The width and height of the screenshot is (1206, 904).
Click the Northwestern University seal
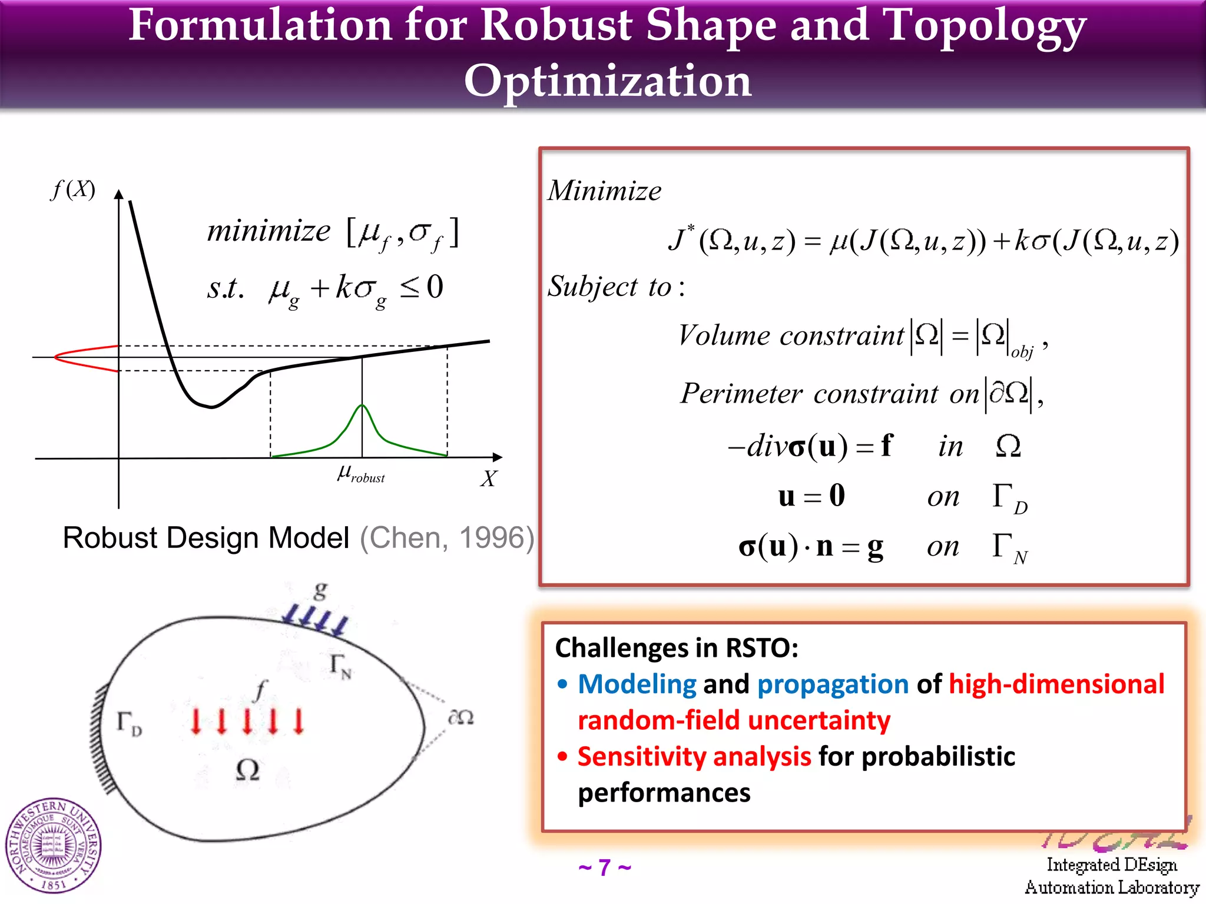click(53, 846)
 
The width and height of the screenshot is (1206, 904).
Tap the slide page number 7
click(605, 868)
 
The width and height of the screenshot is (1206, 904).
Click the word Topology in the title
click(985, 26)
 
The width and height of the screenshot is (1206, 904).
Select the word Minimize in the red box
click(604, 191)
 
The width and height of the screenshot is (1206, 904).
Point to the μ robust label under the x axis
click(360, 473)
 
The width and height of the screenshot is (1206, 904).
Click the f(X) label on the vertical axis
click(73, 190)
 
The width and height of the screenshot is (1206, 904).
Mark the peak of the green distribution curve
click(362, 406)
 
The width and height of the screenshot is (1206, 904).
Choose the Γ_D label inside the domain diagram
click(129, 723)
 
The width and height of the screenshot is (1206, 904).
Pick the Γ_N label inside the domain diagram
click(340, 666)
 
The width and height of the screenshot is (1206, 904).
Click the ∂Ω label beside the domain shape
click(460, 717)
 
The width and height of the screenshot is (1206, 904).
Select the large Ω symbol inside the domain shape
click(247, 770)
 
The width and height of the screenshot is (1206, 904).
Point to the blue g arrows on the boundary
click(316, 621)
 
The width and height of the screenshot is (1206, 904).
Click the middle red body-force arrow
click(247, 721)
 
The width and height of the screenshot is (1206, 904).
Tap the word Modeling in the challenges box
click(637, 684)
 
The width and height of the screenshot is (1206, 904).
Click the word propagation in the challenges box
click(833, 684)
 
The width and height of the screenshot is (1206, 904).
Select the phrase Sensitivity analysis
click(694, 757)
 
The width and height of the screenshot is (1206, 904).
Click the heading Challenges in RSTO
click(677, 648)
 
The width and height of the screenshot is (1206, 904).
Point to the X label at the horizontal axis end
click(488, 478)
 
